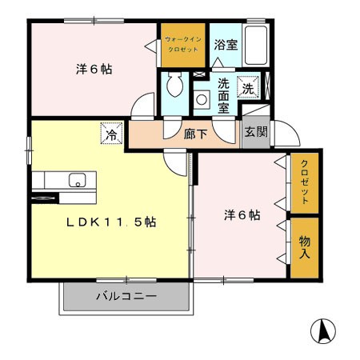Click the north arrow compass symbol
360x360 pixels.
(x=323, y=331)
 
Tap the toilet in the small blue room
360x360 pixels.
(x=174, y=85)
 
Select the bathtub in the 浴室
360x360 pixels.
(x=256, y=45)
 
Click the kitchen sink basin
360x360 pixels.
(x=78, y=180)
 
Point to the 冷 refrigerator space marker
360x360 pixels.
(x=111, y=134)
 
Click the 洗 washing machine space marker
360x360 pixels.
(x=248, y=87)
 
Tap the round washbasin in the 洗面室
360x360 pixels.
(x=202, y=100)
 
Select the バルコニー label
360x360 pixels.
(x=126, y=296)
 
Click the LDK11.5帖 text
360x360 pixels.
(x=111, y=222)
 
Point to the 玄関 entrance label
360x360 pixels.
(x=256, y=132)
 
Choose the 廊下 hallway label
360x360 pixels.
(x=195, y=134)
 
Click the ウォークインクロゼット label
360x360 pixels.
(x=183, y=45)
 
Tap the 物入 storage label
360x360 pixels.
(x=305, y=247)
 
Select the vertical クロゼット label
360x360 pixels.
(x=305, y=182)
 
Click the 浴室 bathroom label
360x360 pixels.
(x=226, y=45)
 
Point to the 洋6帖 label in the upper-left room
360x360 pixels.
(x=94, y=70)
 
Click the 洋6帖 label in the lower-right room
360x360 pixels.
(x=242, y=215)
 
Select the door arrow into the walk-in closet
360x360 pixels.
(x=151, y=46)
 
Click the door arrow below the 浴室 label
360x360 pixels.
(x=218, y=62)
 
